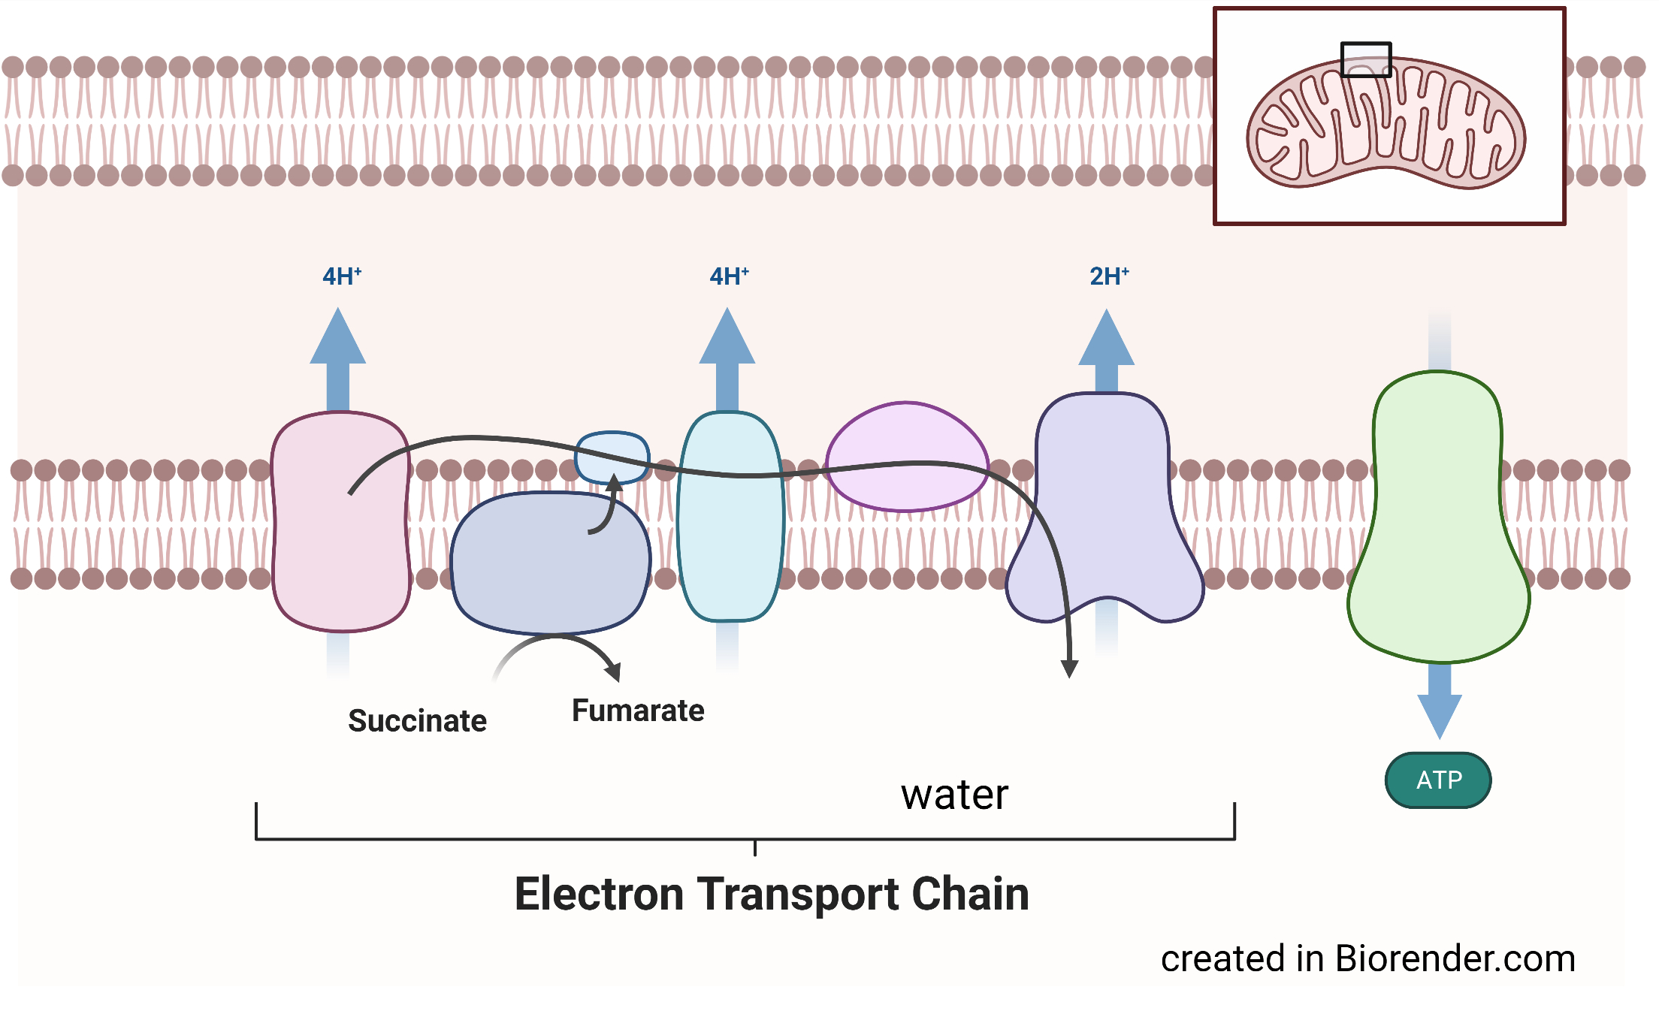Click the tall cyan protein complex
click(x=730, y=541)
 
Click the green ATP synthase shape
click(x=1438, y=526)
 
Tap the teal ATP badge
click(x=1438, y=780)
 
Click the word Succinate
click(x=417, y=721)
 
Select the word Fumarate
click(x=638, y=711)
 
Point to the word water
click(x=954, y=795)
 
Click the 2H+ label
click(x=1109, y=276)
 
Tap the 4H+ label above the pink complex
click(x=342, y=276)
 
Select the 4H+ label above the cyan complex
click(x=729, y=276)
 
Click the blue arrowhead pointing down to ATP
click(x=1439, y=714)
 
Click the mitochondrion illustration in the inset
click(x=1386, y=124)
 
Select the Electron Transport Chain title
click(x=772, y=894)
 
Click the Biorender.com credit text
click(x=1367, y=959)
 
